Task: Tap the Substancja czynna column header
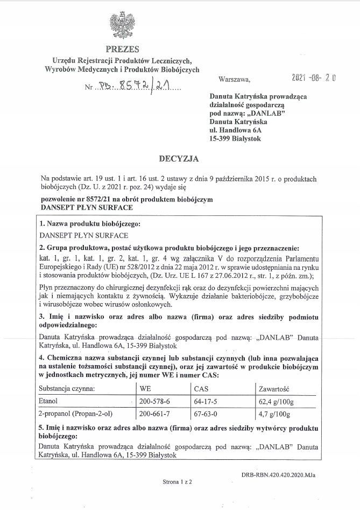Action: pyautogui.click(x=67, y=388)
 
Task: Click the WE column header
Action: pyautogui.click(x=145, y=388)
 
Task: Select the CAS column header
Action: pyautogui.click(x=201, y=388)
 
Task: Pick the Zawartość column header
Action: pyautogui.click(x=274, y=388)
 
